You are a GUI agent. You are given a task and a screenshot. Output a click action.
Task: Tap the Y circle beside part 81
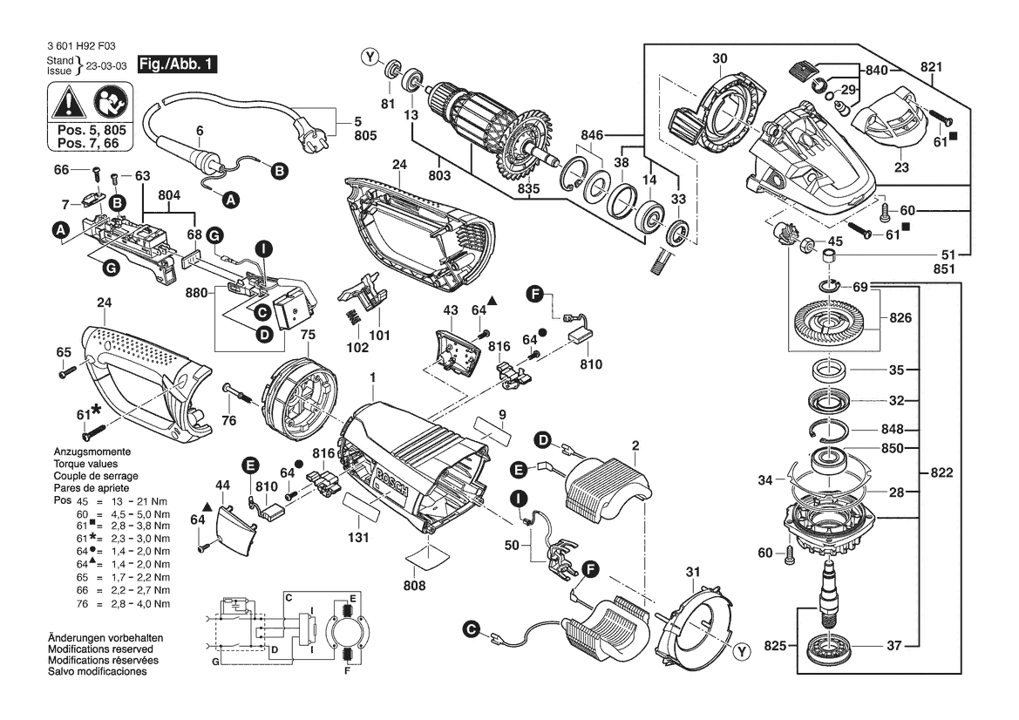click(x=370, y=58)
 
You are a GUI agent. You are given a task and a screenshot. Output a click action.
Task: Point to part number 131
click(x=357, y=539)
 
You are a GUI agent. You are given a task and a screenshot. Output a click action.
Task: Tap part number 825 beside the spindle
click(x=774, y=646)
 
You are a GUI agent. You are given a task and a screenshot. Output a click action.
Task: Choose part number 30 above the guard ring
click(x=719, y=58)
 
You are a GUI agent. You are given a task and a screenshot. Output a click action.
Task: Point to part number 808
click(x=415, y=586)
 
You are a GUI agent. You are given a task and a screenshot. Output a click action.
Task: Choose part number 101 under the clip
click(x=379, y=335)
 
